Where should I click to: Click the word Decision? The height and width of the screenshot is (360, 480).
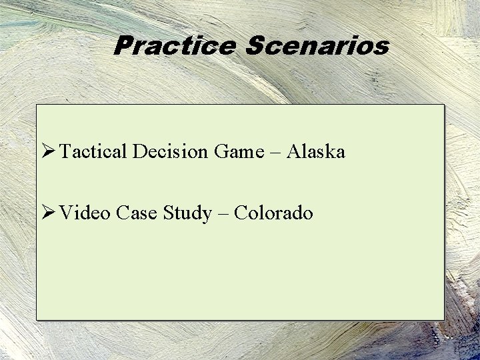click(170, 152)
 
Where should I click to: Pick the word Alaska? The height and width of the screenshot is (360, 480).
click(316, 152)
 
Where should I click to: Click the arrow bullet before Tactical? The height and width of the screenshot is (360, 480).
click(47, 152)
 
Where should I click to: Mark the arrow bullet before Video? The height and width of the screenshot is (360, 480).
click(47, 213)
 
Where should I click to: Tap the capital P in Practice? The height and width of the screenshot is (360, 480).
click(123, 46)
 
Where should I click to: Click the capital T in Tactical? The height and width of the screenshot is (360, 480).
click(65, 151)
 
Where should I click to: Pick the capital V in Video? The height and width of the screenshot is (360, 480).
click(65, 213)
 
